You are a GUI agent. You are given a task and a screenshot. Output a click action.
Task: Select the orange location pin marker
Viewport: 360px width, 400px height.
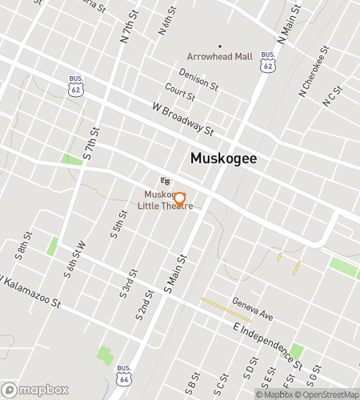pos(179,200)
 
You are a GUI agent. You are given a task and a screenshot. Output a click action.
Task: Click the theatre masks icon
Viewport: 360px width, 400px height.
pos(164,182)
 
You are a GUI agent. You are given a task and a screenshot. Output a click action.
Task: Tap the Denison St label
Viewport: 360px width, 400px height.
pos(198,79)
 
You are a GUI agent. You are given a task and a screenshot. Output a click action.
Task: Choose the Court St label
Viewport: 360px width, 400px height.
pos(180,91)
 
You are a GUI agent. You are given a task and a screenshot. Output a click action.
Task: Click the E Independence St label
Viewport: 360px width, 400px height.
pos(267,342)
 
